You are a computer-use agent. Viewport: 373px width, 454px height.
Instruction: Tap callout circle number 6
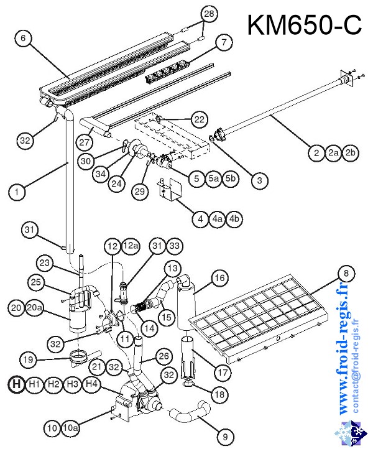22,39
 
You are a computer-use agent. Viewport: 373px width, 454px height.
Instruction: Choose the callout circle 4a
218,219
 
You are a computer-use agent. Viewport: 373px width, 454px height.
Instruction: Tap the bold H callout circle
17,384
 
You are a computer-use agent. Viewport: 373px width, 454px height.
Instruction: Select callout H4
92,384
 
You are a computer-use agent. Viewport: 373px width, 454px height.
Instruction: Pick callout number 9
222,437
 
